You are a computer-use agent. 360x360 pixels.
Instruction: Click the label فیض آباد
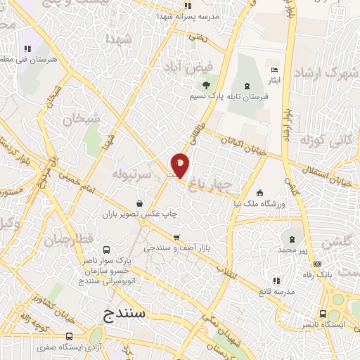[183, 67]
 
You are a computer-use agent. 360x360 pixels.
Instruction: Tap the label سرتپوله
[131, 172]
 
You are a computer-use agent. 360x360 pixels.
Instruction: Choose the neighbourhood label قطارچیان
[69, 240]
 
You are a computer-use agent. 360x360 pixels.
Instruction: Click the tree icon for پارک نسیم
[205, 86]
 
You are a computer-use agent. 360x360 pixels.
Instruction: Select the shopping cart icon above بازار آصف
[176, 237]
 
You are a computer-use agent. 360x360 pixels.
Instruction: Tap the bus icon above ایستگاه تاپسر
[323, 314]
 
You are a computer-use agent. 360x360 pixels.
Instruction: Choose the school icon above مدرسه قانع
[276, 280]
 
